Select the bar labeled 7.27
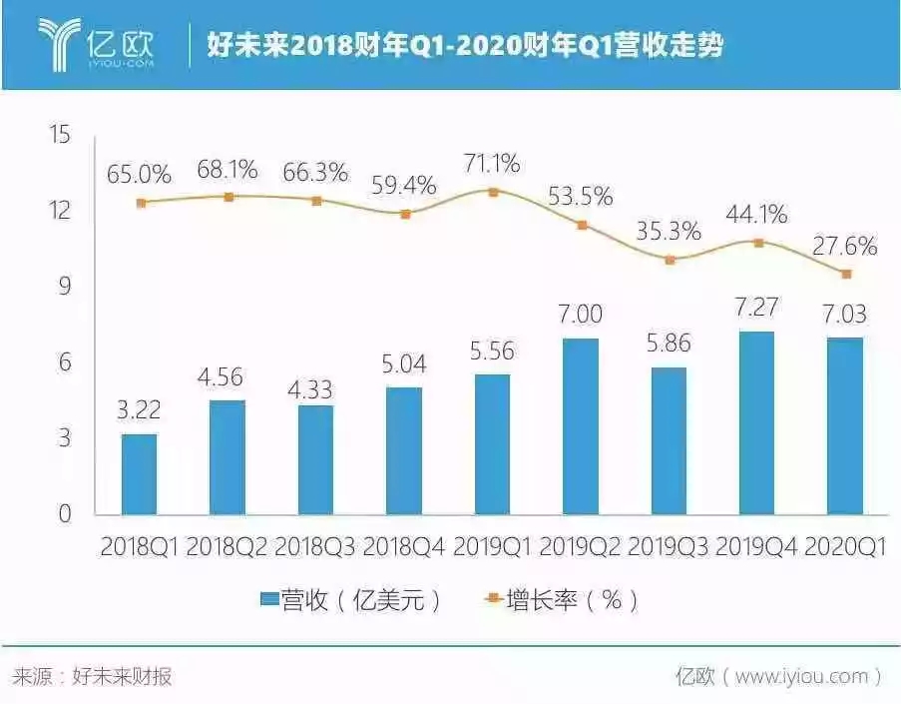point(758,422)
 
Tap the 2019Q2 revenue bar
point(582,426)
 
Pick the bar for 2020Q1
point(846,425)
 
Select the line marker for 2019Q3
point(671,260)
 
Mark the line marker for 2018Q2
point(228,197)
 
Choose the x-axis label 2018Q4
point(405,547)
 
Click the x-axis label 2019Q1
point(493,547)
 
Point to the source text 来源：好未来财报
point(92,676)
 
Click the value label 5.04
point(405,364)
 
